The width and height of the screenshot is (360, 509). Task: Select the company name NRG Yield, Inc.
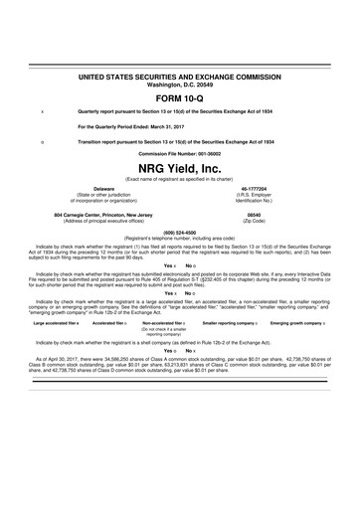point(180,168)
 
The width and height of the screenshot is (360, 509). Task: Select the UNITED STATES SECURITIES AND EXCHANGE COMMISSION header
point(180,76)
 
